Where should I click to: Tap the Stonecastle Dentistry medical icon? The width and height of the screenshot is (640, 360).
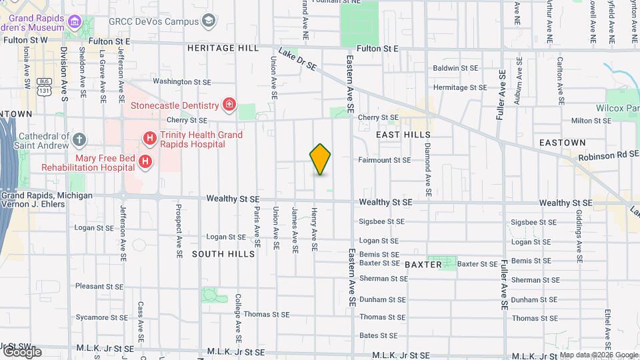(x=229, y=105)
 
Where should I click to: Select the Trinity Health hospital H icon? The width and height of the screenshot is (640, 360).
(x=150, y=139)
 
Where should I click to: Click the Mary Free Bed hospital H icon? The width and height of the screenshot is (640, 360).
(x=144, y=161)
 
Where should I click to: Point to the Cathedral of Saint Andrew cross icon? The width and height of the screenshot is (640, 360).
(x=79, y=140)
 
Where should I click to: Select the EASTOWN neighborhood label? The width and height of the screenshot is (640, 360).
(x=562, y=143)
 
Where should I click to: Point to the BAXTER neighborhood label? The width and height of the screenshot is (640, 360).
(x=423, y=265)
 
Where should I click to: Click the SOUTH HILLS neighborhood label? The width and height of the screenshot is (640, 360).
(x=223, y=254)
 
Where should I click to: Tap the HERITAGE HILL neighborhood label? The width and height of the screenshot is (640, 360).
(x=222, y=48)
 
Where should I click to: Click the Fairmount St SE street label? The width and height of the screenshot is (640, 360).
(x=385, y=160)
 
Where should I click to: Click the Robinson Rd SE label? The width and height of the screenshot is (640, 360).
(x=609, y=155)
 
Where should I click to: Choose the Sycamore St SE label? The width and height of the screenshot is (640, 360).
(x=99, y=317)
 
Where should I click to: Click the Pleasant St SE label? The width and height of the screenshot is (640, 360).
(x=99, y=286)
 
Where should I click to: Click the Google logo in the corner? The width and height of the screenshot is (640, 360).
(x=22, y=351)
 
